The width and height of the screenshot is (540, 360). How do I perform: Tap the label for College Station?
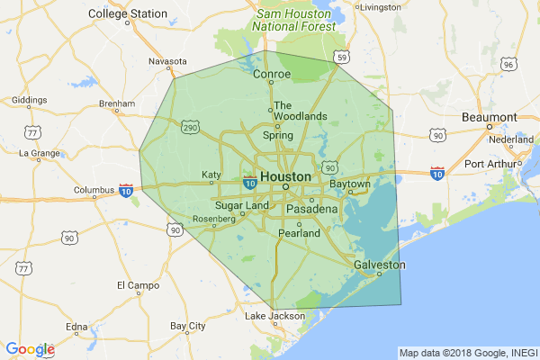pyautogui.click(x=128, y=13)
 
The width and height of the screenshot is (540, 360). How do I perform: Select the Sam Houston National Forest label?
pyautogui.click(x=296, y=21)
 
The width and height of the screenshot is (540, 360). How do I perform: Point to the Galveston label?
pyautogui.click(x=379, y=265)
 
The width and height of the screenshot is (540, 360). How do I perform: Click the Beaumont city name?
pyautogui.click(x=489, y=117)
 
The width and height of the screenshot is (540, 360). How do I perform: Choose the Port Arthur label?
pyautogui.click(x=493, y=164)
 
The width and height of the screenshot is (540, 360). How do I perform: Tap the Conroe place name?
pyautogui.click(x=272, y=75)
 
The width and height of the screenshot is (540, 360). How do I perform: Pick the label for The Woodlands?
pyautogui.click(x=301, y=111)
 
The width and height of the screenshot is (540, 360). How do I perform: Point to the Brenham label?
pyautogui.click(x=116, y=103)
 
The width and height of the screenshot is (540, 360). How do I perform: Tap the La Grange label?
pyautogui.click(x=38, y=153)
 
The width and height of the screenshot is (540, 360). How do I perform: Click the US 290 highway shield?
pyautogui.click(x=190, y=129)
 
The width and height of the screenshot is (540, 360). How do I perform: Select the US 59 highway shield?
pyautogui.click(x=341, y=58)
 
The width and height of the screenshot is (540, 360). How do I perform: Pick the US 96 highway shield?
pyautogui.click(x=508, y=65)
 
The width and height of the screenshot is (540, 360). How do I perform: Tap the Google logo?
pyautogui.click(x=30, y=349)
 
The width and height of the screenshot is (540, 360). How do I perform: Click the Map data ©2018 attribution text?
pyautogui.click(x=468, y=352)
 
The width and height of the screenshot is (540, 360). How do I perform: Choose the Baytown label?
pyautogui.click(x=350, y=184)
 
